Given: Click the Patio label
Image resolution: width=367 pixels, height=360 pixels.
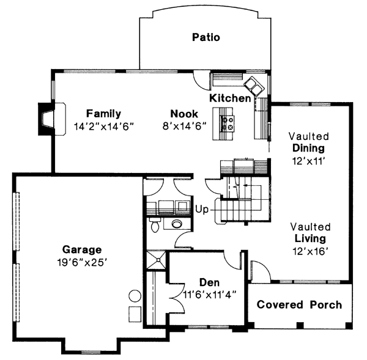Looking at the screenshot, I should [x=206, y=37].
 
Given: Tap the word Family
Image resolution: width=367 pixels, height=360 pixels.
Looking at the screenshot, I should [x=103, y=114].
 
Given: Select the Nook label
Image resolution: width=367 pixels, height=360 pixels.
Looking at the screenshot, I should [x=184, y=114].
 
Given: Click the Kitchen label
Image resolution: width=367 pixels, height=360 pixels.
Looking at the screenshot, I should [x=230, y=98].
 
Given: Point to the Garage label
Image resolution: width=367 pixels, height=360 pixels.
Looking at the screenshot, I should [x=82, y=249].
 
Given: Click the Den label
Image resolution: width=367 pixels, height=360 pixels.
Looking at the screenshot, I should [x=209, y=282].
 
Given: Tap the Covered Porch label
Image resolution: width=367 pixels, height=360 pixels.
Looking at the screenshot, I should [x=299, y=304].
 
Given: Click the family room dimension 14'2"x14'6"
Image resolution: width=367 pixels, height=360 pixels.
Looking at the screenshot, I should [x=103, y=126].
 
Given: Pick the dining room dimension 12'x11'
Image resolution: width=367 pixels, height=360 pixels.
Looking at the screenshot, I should [x=308, y=160].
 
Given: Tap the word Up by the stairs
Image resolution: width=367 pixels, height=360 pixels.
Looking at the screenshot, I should [x=202, y=209].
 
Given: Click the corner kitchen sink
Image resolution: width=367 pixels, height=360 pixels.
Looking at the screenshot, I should [x=253, y=84].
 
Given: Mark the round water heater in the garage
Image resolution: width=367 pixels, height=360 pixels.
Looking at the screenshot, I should [x=135, y=296].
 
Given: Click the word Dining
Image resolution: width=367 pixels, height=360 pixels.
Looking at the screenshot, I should [x=308, y=148].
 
